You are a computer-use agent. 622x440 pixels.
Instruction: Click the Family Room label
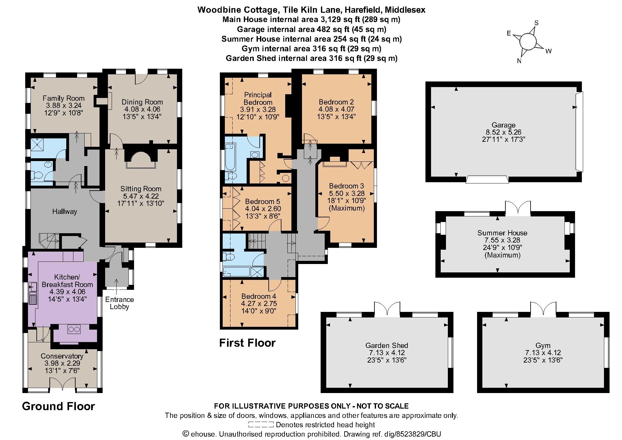tap(63, 98)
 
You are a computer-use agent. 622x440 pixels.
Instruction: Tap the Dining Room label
tap(142, 102)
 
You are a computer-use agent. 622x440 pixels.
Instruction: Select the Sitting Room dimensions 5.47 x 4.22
tap(141, 196)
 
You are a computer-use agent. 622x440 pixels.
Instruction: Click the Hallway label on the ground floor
tap(65, 211)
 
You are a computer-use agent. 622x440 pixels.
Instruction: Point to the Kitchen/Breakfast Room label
tap(67, 280)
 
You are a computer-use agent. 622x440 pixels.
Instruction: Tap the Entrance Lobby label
tap(119, 303)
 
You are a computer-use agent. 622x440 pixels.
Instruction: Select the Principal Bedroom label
tap(258, 98)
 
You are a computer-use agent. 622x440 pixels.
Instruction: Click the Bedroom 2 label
tap(336, 102)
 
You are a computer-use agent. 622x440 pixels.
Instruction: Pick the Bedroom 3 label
tap(346, 186)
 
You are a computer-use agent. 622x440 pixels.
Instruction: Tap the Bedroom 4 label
tap(259, 296)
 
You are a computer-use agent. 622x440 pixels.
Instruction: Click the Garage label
tap(504, 125)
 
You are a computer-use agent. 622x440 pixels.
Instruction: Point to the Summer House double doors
tap(518, 208)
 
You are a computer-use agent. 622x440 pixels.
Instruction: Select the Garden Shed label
tap(387, 345)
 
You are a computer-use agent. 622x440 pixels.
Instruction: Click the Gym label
tap(543, 345)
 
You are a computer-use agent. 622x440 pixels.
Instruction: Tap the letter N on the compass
tap(519, 61)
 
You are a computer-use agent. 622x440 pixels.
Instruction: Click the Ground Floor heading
tap(58, 406)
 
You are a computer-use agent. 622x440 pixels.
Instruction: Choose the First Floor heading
tap(248, 343)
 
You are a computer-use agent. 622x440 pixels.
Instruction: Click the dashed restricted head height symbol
tap(261, 424)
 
